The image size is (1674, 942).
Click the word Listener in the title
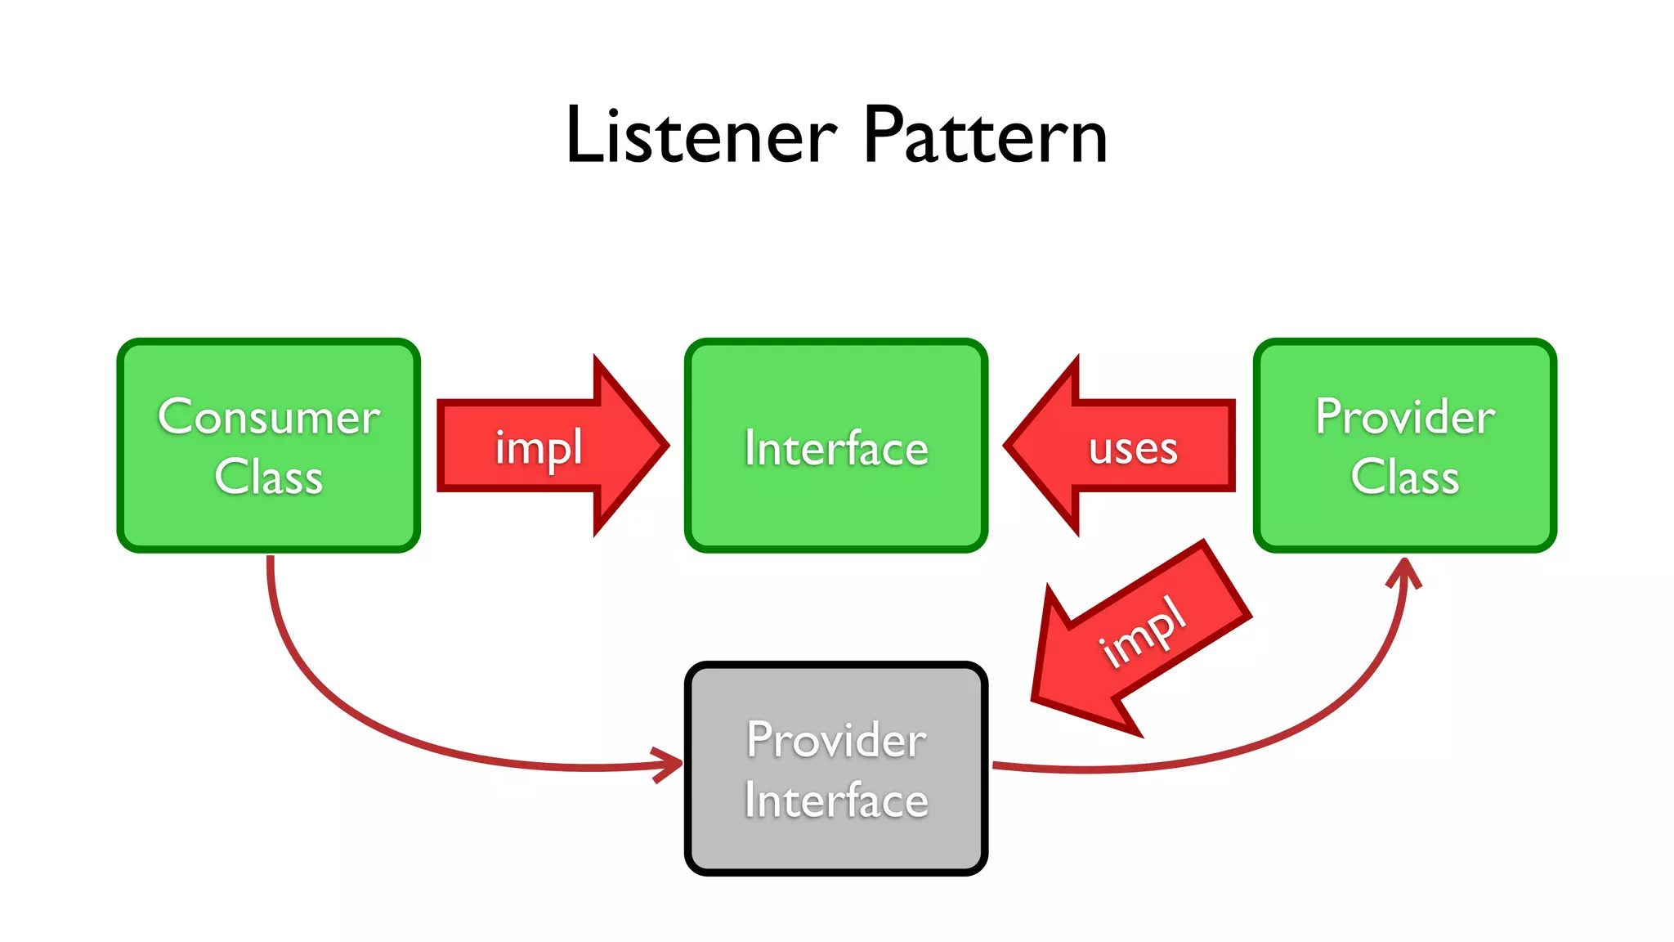click(x=701, y=136)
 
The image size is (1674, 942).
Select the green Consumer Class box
click(x=268, y=523)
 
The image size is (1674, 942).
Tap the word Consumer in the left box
click(x=268, y=417)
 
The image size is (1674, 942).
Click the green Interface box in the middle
click(x=835, y=507)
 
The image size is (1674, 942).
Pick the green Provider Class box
click(x=1404, y=523)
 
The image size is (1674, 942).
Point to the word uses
click(x=1133, y=449)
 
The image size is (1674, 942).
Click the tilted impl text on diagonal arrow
click(x=1143, y=631)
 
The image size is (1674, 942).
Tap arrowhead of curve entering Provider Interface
click(x=672, y=765)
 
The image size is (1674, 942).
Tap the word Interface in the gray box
click(x=835, y=800)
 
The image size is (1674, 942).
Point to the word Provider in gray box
click(x=835, y=740)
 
